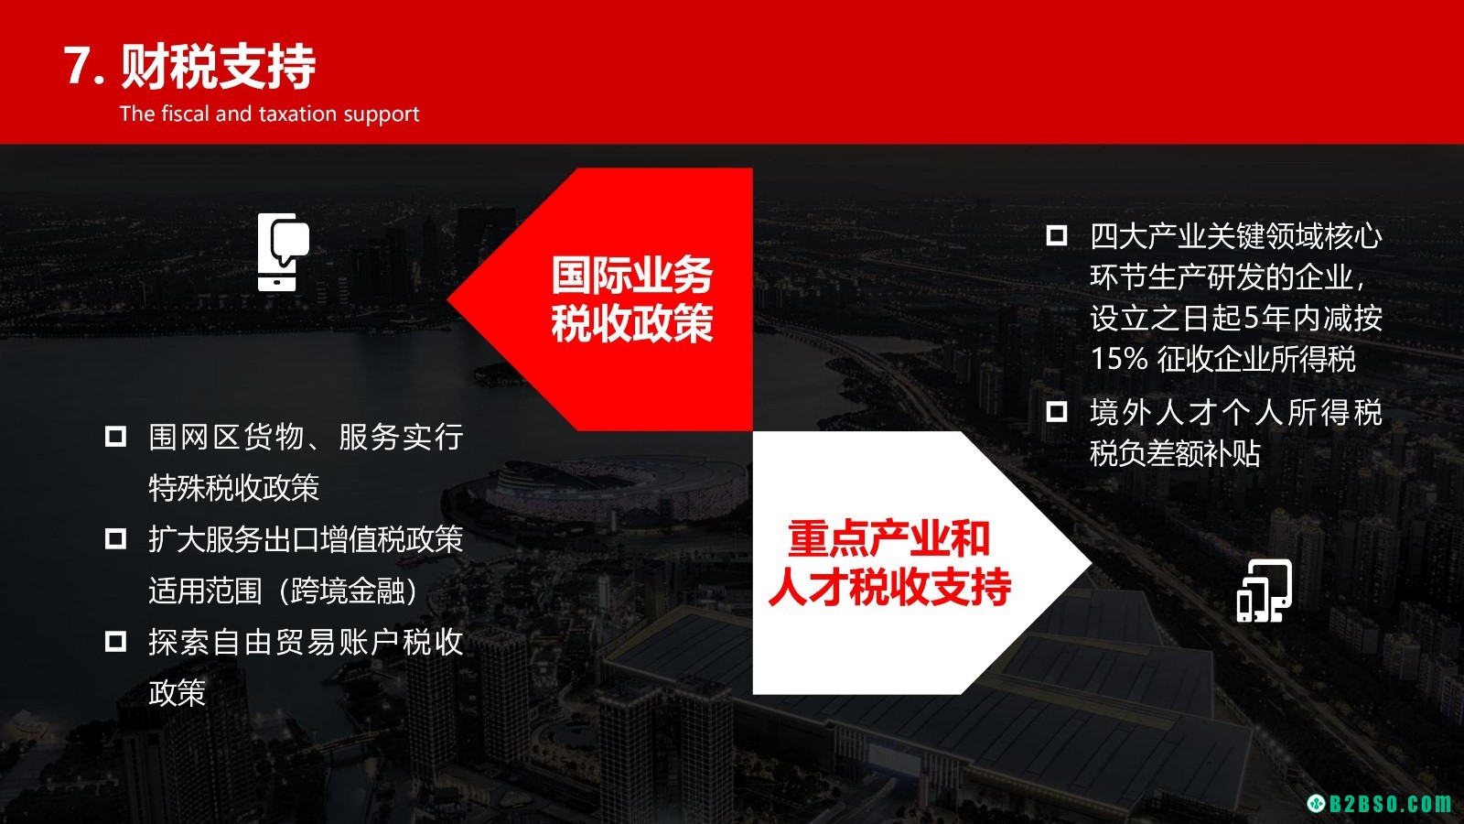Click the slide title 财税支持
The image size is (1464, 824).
219,67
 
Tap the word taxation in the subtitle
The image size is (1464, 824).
299,114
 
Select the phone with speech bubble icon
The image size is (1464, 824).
283,252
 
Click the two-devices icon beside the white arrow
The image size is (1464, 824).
1264,591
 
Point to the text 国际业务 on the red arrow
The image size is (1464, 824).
632,276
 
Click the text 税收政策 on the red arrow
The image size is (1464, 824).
632,324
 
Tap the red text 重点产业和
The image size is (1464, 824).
888,538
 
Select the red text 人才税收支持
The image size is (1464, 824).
889,587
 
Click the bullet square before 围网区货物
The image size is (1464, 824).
115,436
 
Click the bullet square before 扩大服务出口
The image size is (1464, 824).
115,539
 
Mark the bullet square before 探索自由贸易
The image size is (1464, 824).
115,642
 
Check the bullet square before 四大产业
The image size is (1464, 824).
1057,235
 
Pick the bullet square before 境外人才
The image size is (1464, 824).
1057,411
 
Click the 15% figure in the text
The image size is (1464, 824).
1119,359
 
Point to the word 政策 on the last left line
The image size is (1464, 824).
178,693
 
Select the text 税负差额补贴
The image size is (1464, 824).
1175,454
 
